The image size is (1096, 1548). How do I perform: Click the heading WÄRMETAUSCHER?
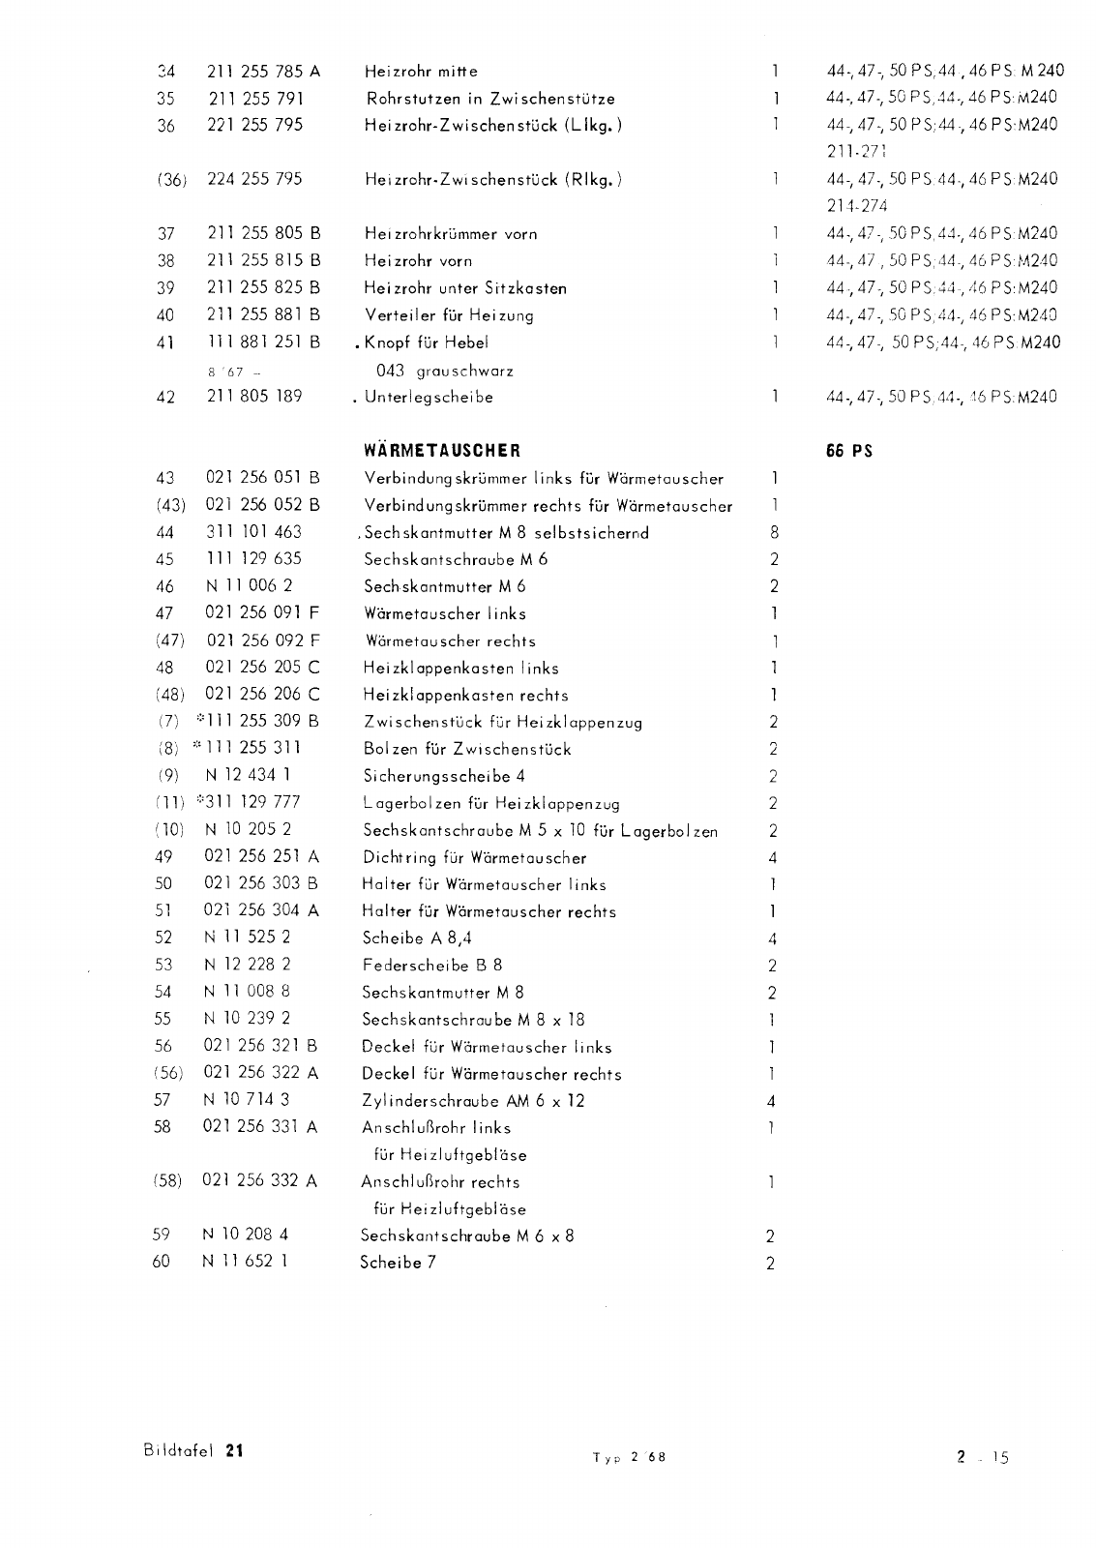pos(442,450)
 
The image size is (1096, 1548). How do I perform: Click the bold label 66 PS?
pos(849,450)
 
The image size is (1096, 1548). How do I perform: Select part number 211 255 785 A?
pos(263,71)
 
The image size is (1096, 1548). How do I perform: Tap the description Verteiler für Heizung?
pos(449,314)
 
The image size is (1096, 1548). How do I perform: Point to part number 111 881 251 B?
pos(263,342)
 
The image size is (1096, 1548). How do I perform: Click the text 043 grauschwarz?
pos(444,371)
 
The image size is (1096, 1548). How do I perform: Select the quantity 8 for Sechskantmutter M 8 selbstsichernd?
pos(774,532)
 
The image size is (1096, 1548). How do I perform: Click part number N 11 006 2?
pos(249,585)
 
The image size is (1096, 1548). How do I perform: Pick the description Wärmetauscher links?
pos(445,613)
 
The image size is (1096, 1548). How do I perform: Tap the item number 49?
pos(163,856)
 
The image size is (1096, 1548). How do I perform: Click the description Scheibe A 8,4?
pos(417,938)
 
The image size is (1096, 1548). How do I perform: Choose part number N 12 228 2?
pos(248,965)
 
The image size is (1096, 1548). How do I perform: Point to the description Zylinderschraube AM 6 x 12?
pos(473,1100)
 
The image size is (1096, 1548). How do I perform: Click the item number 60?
pos(162,1263)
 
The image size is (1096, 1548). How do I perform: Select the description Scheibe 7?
pos(398,1263)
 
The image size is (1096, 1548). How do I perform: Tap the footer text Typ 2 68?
pos(629,1458)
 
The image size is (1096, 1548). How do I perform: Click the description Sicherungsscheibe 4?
pos(444,776)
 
